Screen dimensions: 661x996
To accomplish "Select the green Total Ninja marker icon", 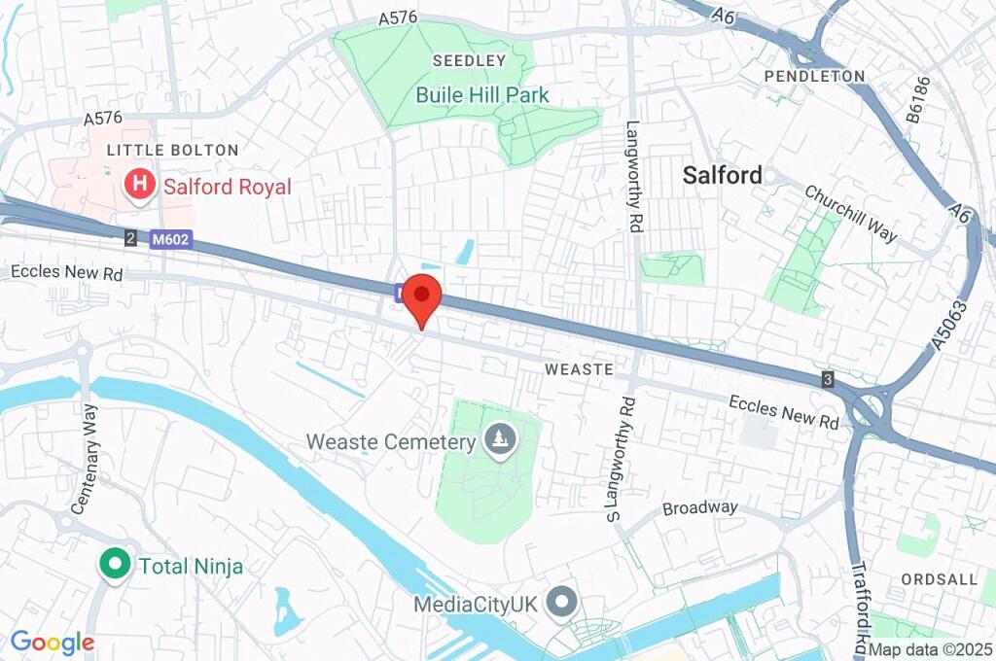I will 116,565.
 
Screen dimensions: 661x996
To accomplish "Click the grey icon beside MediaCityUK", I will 561,603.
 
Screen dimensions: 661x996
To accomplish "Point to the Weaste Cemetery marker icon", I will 500,440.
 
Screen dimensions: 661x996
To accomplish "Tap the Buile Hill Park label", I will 482,95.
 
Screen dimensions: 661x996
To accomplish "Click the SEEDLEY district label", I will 469,61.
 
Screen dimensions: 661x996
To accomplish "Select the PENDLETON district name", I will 814,76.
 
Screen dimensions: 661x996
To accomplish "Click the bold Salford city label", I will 722,175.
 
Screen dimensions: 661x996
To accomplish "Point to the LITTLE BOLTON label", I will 172,150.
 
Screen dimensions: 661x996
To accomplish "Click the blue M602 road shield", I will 171,238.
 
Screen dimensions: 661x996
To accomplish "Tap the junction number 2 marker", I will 130,237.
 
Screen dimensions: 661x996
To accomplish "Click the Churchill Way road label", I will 850,213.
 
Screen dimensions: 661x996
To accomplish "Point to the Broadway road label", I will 699,508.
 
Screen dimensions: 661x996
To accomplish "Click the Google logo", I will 52,642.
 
